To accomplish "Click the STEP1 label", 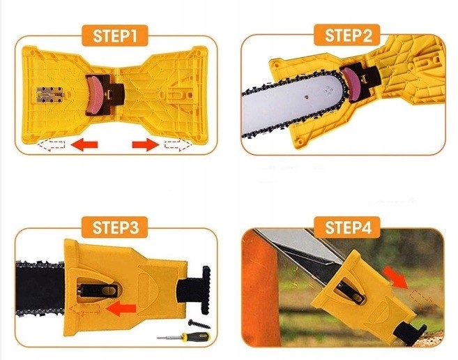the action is (x=115, y=36).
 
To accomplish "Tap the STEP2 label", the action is (x=347, y=35).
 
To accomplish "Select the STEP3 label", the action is (x=115, y=227).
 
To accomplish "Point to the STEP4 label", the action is (x=347, y=227).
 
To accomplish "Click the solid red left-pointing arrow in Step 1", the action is (x=84, y=144).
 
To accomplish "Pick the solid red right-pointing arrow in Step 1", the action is (x=146, y=144).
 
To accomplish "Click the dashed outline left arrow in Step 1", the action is (x=51, y=144).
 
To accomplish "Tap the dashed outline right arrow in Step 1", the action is (x=178, y=144).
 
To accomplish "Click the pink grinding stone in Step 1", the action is (x=96, y=95).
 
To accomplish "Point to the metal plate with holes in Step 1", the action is (x=50, y=96).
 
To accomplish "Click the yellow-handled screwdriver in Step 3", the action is (x=183, y=337).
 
